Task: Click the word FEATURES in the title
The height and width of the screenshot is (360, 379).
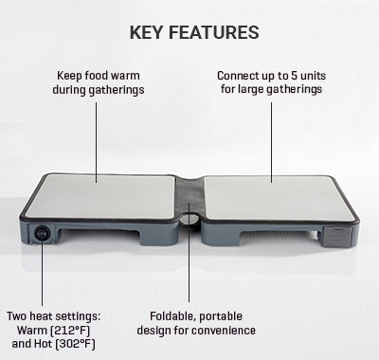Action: pos(214,32)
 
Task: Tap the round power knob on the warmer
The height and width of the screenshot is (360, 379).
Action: pos(42,234)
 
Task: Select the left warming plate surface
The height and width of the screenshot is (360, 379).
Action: pos(100,196)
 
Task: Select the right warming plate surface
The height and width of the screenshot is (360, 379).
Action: pos(280,198)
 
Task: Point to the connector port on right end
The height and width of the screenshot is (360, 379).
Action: pos(337,237)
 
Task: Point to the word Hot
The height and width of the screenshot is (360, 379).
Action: pos(43,344)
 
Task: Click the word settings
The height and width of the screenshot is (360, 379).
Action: pos(80,316)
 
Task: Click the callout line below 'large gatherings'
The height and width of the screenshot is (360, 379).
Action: pos(271,142)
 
